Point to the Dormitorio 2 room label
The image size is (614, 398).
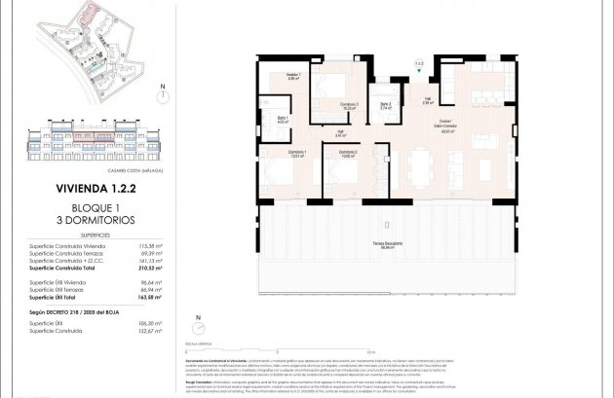pos(348,153)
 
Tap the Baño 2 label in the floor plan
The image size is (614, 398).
pos(386,106)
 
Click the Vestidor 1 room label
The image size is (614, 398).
pos(293,78)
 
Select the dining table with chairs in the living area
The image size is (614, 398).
pos(421,167)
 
